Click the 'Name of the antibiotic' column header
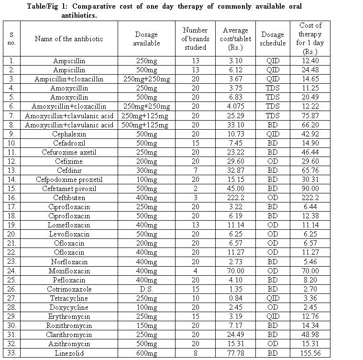tap(69, 39)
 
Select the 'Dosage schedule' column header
tap(273, 39)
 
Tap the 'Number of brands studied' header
tap(195, 39)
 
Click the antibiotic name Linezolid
tap(69, 353)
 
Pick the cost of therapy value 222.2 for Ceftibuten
tap(310, 198)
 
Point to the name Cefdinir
tap(69, 170)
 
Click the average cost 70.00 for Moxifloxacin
tap(235, 271)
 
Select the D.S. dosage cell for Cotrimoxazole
tap(146, 289)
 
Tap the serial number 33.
tap(11, 353)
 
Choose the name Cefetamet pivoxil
tap(69, 189)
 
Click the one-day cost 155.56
tap(310, 353)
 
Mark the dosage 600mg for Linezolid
tap(146, 353)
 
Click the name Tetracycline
tap(69, 298)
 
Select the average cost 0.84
tap(235, 298)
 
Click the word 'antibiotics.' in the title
tap(79, 15)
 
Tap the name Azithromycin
tap(69, 344)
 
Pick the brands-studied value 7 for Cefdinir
tap(195, 170)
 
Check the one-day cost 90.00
tap(310, 189)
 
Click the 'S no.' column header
tap(11, 39)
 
